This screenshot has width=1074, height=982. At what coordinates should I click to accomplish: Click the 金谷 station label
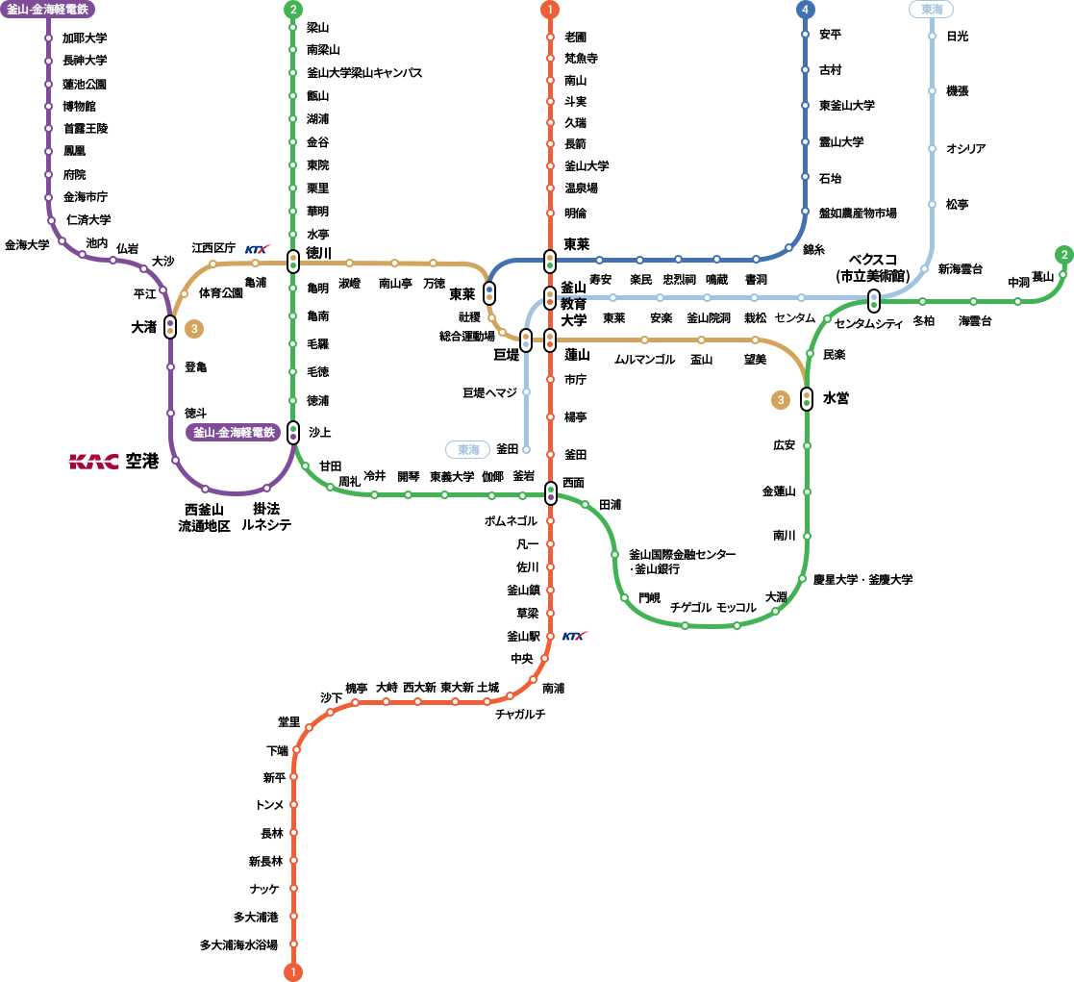[317, 142]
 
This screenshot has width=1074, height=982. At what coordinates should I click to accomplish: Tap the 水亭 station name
[317, 234]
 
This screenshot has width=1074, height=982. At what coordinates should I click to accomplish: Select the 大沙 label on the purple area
[163, 261]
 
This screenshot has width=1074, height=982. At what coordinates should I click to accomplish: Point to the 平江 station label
[144, 293]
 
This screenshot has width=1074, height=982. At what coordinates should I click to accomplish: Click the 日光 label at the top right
[957, 37]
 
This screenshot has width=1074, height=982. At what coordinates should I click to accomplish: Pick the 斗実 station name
[575, 102]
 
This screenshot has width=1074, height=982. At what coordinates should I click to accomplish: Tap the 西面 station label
[574, 483]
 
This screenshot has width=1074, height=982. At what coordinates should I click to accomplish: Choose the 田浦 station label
[610, 504]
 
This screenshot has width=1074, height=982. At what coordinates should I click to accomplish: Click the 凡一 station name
[528, 544]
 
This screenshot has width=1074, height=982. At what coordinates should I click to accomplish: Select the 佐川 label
[528, 567]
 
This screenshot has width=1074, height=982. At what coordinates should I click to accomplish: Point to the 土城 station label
[488, 687]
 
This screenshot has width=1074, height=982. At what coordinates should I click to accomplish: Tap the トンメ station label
[269, 805]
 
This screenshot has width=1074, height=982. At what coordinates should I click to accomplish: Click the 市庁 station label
[575, 380]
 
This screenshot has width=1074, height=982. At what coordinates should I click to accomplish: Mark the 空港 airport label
[142, 461]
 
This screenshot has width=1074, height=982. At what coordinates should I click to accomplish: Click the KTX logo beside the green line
[257, 248]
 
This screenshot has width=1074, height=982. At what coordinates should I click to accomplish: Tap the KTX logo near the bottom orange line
[574, 635]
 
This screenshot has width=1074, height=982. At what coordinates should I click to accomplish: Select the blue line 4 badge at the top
[805, 10]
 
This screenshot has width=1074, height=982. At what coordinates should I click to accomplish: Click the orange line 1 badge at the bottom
[292, 971]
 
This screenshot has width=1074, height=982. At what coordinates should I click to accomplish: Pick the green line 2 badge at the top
[292, 10]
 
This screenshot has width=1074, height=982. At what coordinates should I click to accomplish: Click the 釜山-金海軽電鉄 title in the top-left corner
[45, 9]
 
